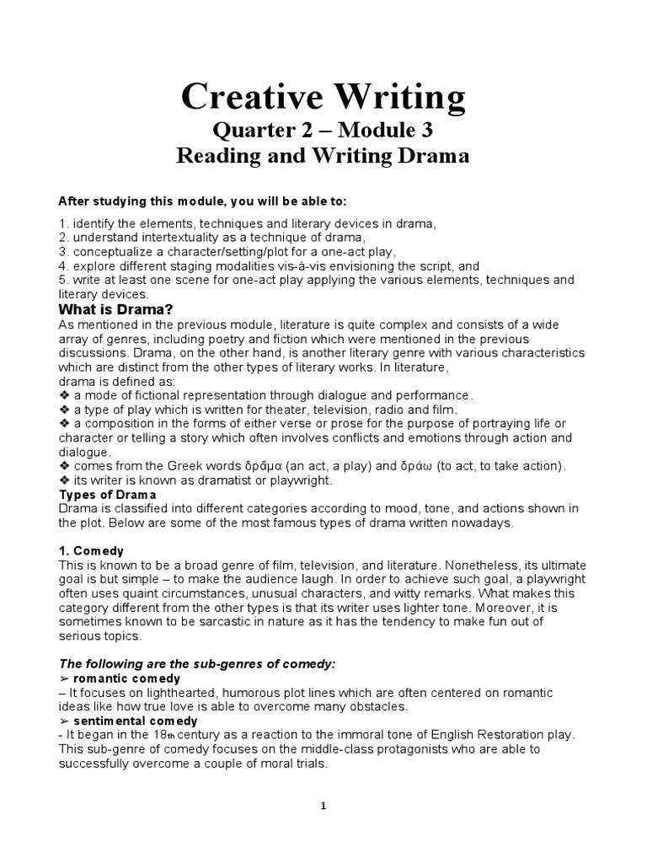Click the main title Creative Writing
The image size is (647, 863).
click(x=323, y=99)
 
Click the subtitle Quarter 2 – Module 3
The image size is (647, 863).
click(x=323, y=131)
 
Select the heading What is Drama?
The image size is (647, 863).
click(x=115, y=310)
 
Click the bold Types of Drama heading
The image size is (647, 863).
click(x=107, y=495)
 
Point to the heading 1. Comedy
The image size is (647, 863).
click(x=92, y=550)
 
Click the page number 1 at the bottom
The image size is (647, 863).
click(x=323, y=806)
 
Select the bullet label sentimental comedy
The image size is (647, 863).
click(x=135, y=721)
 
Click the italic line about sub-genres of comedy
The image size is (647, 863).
click(x=197, y=664)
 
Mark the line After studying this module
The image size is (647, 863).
click(x=201, y=201)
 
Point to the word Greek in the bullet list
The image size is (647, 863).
click(x=184, y=466)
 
